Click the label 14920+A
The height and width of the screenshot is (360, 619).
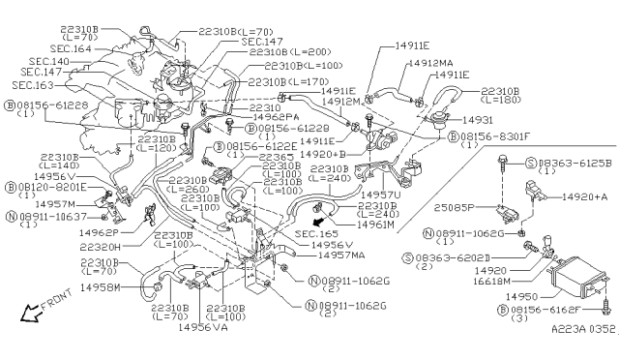click(579, 196)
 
